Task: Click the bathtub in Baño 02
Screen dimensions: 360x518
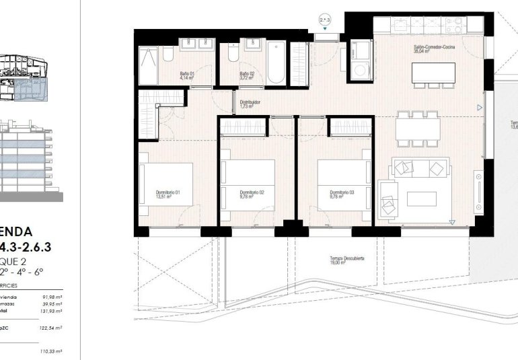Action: click(275, 63)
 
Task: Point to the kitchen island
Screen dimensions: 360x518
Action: click(433, 73)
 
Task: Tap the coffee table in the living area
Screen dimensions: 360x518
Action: click(422, 199)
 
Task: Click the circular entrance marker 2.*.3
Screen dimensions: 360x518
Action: click(326, 21)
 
